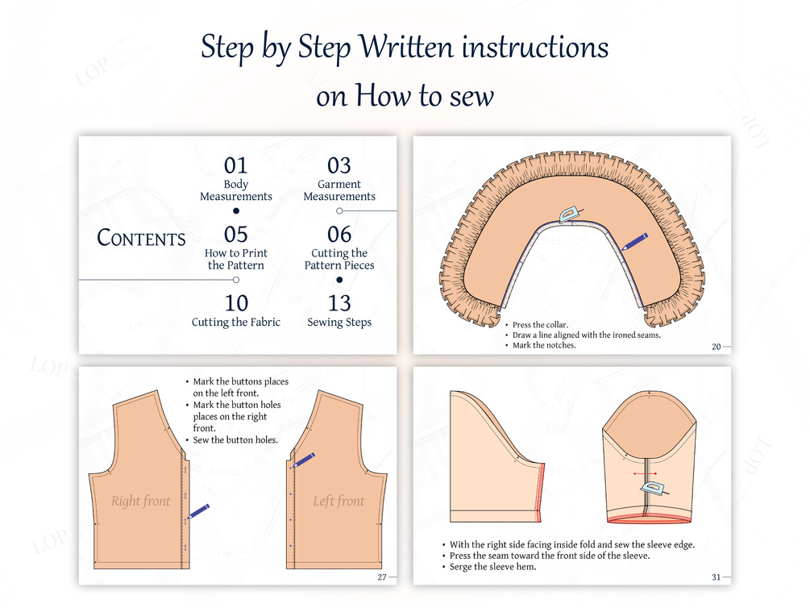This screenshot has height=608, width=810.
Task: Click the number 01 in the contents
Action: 235,165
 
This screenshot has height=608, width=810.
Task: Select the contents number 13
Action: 339,303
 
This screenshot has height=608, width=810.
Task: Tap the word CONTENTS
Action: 141,238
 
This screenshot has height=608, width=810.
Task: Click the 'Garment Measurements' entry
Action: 339,190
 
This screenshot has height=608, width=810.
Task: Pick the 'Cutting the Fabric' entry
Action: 235,322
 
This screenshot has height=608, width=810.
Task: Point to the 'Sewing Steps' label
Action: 339,322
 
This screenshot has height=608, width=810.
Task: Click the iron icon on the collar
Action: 570,214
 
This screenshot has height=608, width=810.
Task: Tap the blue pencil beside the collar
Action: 633,242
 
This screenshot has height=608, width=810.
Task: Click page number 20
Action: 716,347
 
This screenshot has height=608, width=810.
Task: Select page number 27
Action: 382,577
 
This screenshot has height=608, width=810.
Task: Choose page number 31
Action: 716,577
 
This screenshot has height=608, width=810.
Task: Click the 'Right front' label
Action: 140,501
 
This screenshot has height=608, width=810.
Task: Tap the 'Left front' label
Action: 339,501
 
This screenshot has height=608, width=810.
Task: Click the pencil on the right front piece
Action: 197,511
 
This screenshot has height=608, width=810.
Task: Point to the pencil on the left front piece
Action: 303,460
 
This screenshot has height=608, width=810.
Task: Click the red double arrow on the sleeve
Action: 646,473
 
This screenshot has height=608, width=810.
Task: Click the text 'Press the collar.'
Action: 540,325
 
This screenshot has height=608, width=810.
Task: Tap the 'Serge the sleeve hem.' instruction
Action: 492,567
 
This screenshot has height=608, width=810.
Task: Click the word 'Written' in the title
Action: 406,47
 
